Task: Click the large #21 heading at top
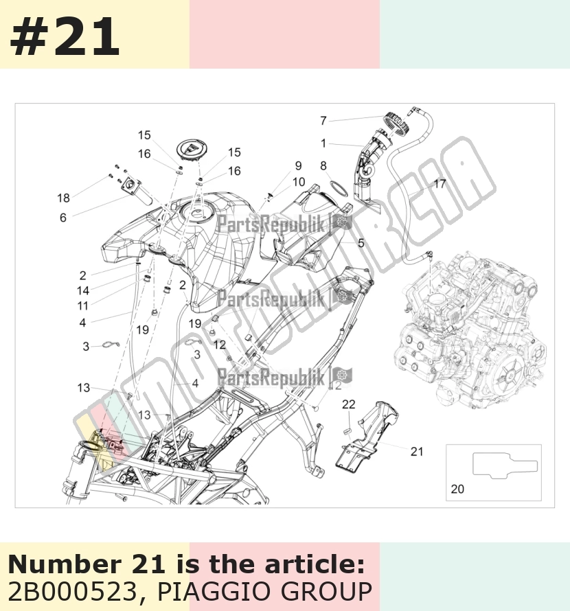(x=65, y=37)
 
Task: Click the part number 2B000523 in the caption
(x=73, y=592)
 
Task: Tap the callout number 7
(x=323, y=121)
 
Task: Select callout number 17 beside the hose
(x=440, y=184)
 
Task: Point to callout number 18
(x=64, y=198)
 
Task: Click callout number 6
(x=63, y=218)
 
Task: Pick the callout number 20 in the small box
(x=457, y=489)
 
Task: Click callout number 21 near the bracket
(x=417, y=451)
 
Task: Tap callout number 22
(x=349, y=404)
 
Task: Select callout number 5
(x=361, y=243)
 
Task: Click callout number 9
(x=298, y=165)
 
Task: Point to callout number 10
(x=299, y=182)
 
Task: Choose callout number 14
(x=83, y=290)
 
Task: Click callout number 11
(x=82, y=306)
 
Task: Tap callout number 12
(x=220, y=345)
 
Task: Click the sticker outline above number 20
(x=505, y=465)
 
